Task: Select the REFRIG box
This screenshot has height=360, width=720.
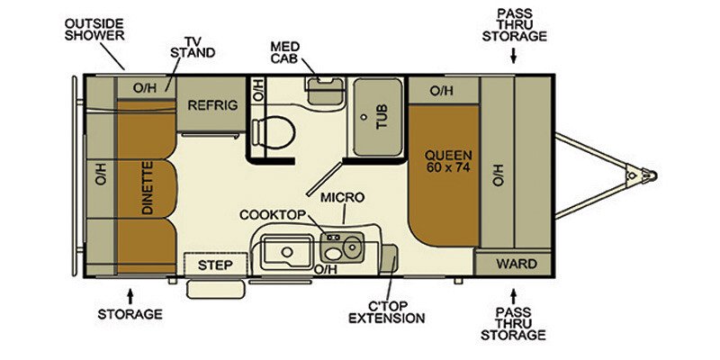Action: [x=212, y=105]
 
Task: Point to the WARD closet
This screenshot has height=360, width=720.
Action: [x=517, y=264]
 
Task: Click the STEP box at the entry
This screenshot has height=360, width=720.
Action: [x=216, y=265]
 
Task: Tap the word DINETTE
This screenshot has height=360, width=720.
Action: [x=148, y=186]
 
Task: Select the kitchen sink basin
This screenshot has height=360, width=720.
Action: [x=286, y=248]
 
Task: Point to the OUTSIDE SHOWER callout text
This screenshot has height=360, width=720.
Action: [x=93, y=30]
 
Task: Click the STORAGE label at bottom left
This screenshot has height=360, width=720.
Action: [x=131, y=314]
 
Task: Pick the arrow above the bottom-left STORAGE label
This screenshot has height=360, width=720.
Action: [x=131, y=294]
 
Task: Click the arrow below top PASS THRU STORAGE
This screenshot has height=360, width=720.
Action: [x=514, y=57]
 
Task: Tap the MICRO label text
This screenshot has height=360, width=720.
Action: [x=342, y=196]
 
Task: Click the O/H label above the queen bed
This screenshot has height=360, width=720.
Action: [x=441, y=90]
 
